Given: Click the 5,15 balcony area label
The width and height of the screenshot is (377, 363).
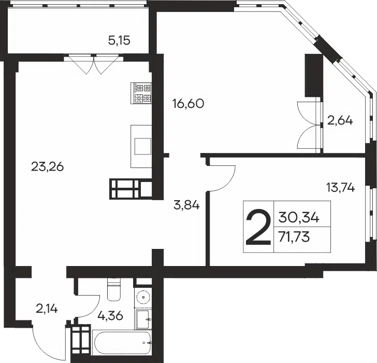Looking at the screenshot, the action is point(119,40).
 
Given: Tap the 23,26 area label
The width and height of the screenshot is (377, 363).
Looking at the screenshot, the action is point(47,166).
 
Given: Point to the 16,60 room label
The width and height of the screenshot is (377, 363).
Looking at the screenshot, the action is point(189,104).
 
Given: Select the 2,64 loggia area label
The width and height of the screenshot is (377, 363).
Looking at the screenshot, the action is point(340,120).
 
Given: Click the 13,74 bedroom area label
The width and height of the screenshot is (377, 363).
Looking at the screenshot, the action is point(340,187).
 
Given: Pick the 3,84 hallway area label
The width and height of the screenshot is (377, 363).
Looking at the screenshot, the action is point(186,205).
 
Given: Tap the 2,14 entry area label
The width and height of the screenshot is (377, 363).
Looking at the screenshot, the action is point(47,309).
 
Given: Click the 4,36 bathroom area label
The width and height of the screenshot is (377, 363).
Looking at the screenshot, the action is point(110,316).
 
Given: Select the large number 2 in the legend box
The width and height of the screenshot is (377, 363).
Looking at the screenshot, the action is point(258,227).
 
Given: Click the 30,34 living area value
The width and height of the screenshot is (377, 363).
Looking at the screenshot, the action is point(299,218).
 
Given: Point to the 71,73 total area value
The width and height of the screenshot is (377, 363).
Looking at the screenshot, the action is point(294,238).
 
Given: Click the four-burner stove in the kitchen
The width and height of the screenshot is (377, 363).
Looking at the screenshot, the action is point(141,93).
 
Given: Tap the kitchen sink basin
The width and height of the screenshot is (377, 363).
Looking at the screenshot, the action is point(143,146).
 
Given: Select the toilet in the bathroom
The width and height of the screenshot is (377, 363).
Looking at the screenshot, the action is point(114,289).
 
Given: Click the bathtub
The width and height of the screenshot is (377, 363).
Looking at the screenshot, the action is point(122,343).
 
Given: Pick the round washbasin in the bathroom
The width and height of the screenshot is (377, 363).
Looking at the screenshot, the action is point(143,296).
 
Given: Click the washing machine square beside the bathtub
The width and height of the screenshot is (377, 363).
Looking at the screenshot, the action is point(143,319).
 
